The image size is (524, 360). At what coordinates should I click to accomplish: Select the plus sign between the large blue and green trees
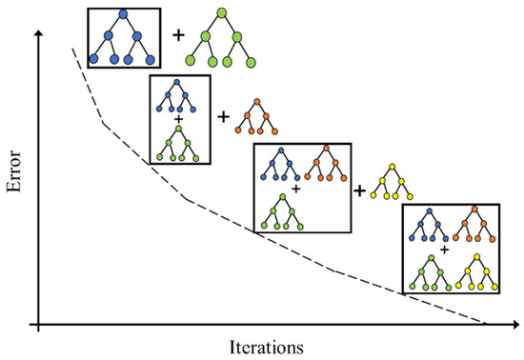pyautogui.click(x=178, y=36)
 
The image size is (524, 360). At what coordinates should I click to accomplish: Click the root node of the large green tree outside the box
pyautogui.click(x=221, y=13)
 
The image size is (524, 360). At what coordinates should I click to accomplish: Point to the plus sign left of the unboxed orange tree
pyautogui.click(x=224, y=117)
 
